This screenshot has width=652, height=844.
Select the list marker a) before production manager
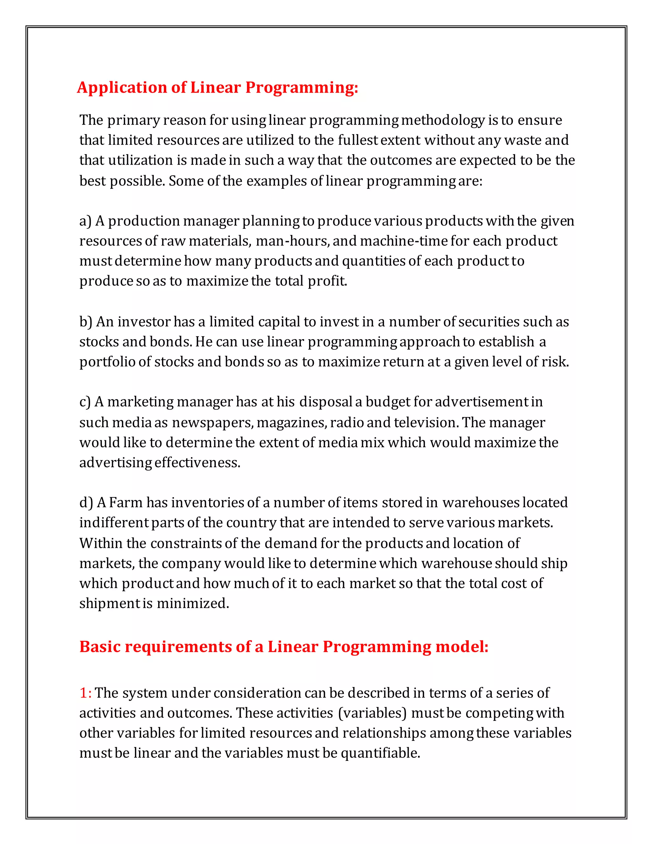[85, 221]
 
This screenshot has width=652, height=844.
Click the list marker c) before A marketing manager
[85, 402]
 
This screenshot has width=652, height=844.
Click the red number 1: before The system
[85, 693]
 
